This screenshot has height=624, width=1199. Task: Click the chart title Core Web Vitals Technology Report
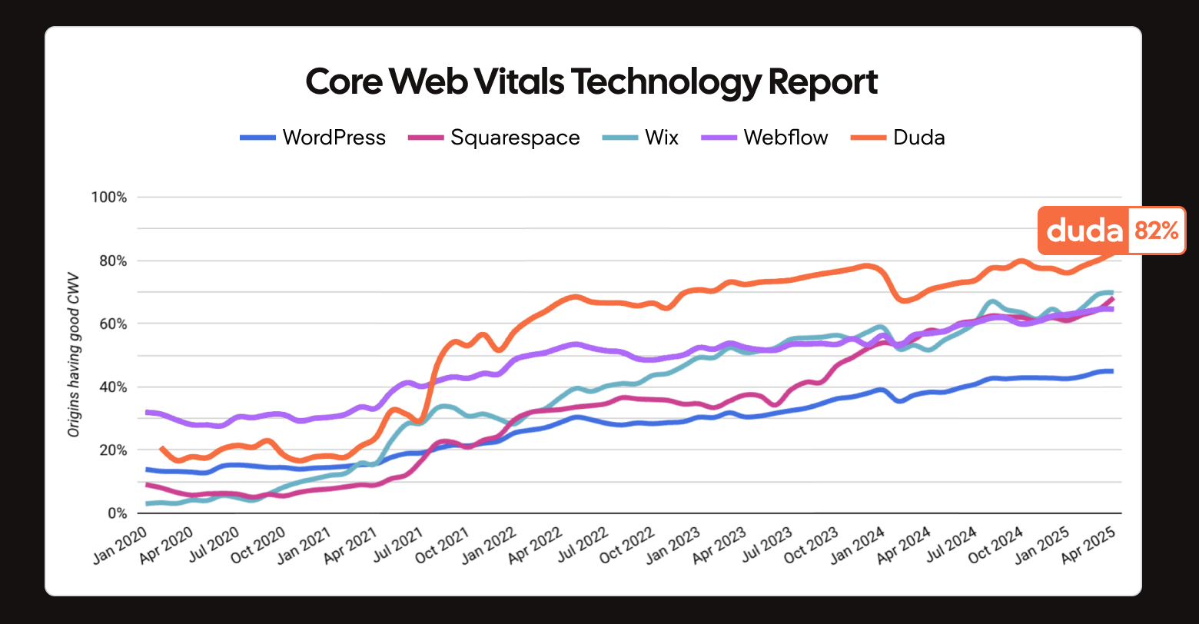click(592, 82)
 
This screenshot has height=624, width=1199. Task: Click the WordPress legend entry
click(314, 138)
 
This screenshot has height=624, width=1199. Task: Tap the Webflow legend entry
click(766, 138)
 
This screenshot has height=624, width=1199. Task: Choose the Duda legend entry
click(898, 138)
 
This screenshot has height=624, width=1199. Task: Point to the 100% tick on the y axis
click(109, 197)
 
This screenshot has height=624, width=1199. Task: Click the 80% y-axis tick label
click(112, 261)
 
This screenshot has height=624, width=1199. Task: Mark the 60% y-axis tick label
click(112, 324)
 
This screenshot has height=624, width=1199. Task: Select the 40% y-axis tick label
click(112, 387)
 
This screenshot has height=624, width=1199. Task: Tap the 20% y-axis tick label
click(112, 450)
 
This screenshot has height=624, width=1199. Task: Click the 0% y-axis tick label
click(115, 513)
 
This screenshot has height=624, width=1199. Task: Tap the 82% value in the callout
click(1155, 231)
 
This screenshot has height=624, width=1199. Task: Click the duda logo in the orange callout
click(1084, 231)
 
